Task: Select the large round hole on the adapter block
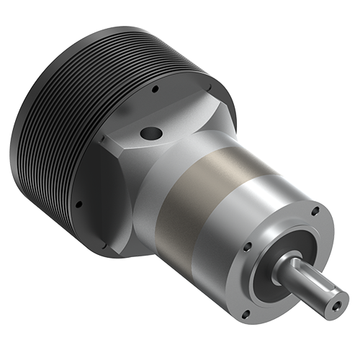click(152, 133)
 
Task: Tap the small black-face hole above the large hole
click(155, 91)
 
